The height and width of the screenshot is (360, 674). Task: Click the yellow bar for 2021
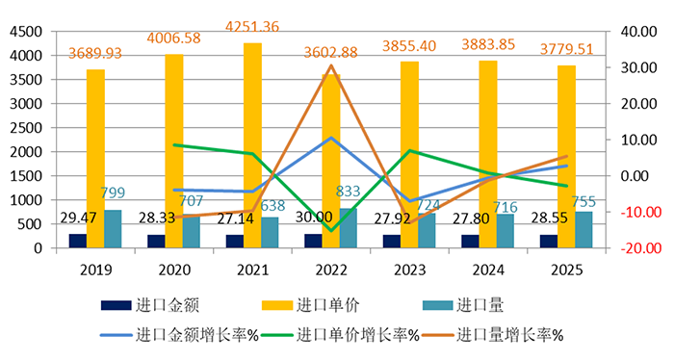[252, 144]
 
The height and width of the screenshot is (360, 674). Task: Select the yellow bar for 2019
[95, 159]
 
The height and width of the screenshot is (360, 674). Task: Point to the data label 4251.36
[253, 27]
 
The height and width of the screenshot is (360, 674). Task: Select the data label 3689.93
[94, 53]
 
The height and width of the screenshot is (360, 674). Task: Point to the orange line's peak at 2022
[330, 65]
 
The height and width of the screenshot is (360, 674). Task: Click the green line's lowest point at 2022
[330, 230]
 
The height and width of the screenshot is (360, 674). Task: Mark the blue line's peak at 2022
[330, 138]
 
